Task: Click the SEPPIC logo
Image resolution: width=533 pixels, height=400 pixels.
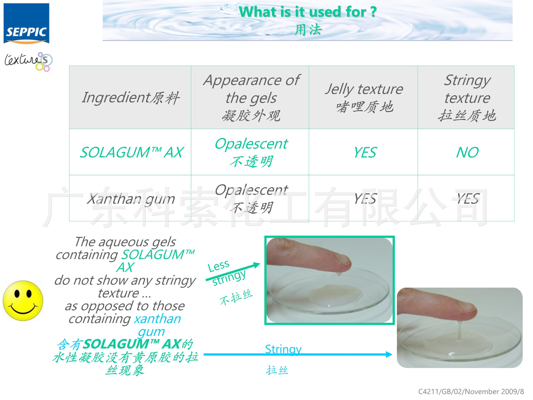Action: pos(26,24)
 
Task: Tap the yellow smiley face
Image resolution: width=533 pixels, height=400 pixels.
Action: pos(23,301)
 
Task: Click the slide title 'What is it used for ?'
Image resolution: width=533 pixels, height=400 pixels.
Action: pos(308,12)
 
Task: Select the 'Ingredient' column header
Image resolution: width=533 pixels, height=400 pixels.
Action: pos(130,97)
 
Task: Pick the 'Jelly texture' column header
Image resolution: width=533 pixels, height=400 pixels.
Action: pos(364,97)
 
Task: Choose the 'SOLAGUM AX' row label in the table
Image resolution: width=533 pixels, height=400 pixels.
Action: pos(132,152)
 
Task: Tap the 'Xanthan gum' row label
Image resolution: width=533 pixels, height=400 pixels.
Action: pos(131,199)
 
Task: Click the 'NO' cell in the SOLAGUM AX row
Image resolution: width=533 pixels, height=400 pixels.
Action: pos(467,152)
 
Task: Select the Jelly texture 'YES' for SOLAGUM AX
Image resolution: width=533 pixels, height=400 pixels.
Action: pos(365,152)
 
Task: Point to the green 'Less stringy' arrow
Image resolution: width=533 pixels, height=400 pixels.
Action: pos(233,272)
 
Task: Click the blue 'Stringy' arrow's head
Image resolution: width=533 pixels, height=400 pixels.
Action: pos(389,354)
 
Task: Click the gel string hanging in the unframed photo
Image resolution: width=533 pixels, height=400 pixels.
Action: pos(459,331)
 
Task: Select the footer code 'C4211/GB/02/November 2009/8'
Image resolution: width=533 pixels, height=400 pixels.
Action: pos(471,392)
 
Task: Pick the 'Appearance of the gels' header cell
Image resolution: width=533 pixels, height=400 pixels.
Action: pos(251,97)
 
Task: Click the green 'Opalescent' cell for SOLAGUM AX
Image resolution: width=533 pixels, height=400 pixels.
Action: pos(251,144)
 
